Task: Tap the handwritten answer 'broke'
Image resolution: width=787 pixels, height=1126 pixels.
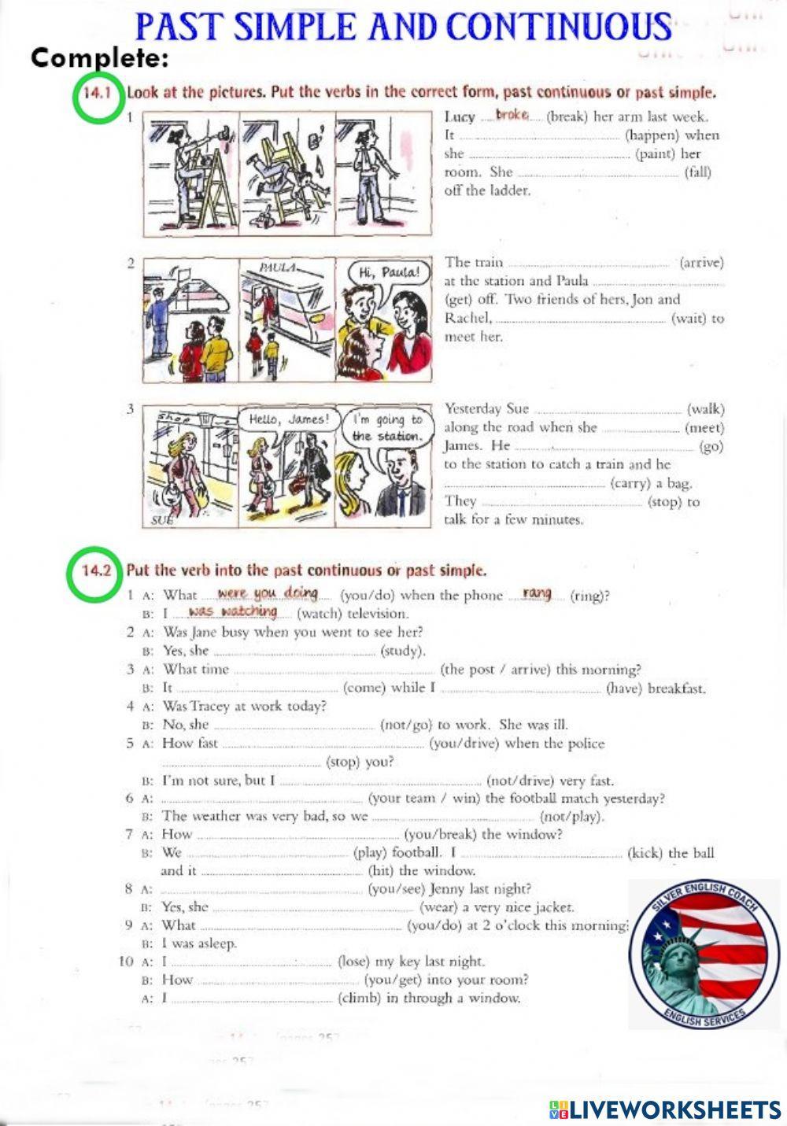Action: pyautogui.click(x=512, y=115)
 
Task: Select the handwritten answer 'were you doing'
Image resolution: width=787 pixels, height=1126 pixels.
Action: pyautogui.click(x=268, y=593)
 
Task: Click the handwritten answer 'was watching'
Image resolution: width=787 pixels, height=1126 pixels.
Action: pyautogui.click(x=233, y=611)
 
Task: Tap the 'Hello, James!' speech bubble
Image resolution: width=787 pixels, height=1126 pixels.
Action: pyautogui.click(x=289, y=419)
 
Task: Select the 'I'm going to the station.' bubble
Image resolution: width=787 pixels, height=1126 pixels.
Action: pyautogui.click(x=387, y=427)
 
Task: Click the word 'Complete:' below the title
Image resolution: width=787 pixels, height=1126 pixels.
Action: pyautogui.click(x=100, y=57)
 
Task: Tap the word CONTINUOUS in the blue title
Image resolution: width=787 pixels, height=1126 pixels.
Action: pyautogui.click(x=559, y=27)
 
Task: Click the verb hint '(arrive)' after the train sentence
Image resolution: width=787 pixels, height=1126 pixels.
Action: pyautogui.click(x=701, y=262)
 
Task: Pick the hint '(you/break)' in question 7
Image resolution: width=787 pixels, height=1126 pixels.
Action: pyautogui.click(x=441, y=834)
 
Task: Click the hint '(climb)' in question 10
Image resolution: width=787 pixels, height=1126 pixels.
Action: pyautogui.click(x=360, y=998)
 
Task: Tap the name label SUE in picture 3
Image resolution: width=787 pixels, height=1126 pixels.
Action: pyautogui.click(x=162, y=520)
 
